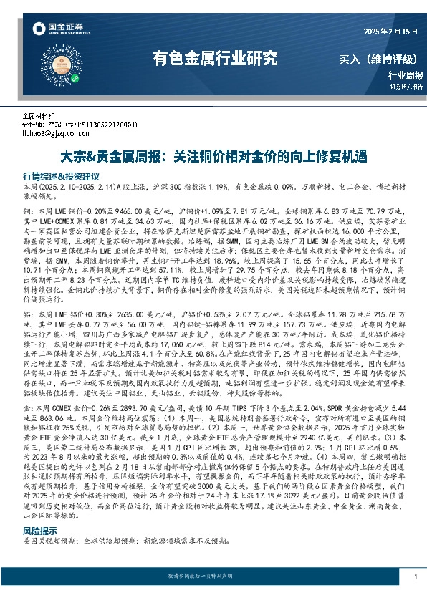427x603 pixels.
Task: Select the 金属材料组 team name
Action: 39,116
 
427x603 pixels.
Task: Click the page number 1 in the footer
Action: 416,577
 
